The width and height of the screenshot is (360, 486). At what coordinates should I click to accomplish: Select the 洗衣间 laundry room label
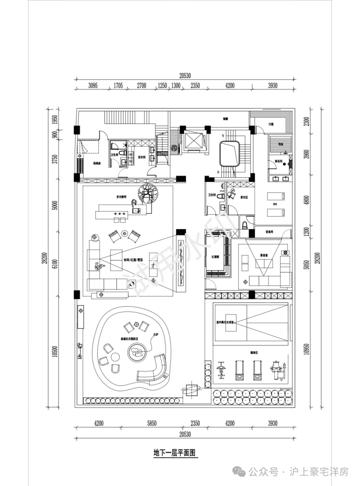(142, 157)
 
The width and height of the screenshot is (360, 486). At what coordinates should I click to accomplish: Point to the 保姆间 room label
(96, 163)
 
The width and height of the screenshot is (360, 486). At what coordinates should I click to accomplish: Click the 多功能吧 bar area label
(121, 196)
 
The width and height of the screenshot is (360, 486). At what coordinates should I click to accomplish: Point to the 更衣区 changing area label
(244, 197)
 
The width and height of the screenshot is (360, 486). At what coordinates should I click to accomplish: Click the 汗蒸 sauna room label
(271, 124)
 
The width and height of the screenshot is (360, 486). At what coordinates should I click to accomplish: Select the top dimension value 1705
(118, 86)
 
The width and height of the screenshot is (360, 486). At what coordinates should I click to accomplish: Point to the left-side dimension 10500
(55, 353)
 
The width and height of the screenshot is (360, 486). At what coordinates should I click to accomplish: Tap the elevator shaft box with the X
(194, 140)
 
